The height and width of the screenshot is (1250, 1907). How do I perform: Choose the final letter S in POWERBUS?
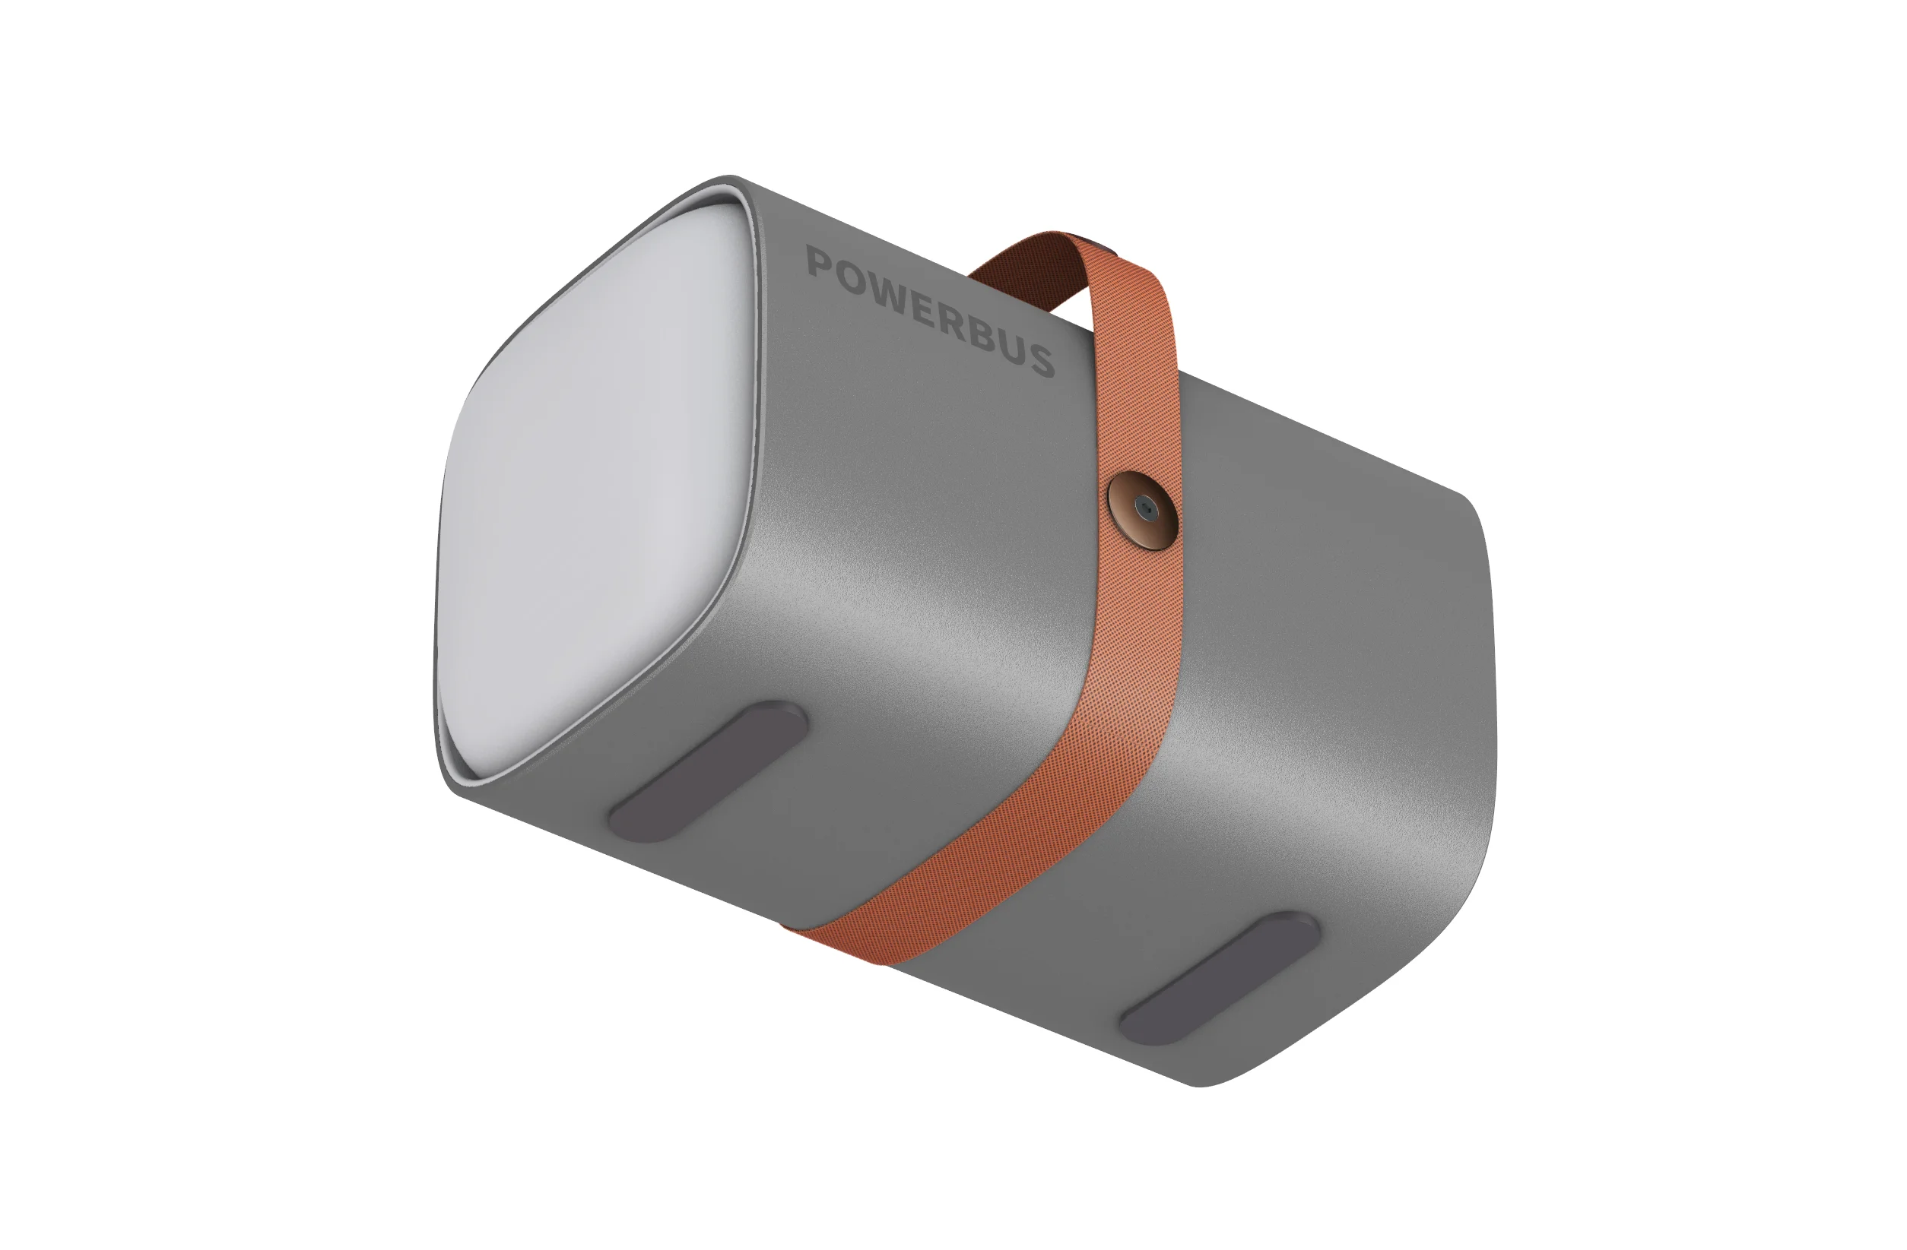click(x=1043, y=361)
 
